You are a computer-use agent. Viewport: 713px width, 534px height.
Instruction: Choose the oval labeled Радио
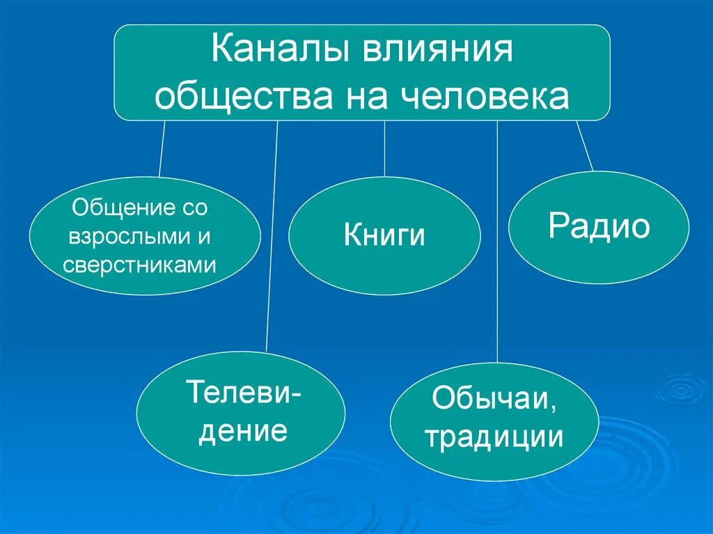(x=599, y=227)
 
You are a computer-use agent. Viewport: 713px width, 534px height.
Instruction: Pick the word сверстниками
(x=140, y=265)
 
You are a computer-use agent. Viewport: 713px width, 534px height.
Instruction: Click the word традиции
(x=494, y=437)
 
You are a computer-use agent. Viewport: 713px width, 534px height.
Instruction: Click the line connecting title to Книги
(x=384, y=149)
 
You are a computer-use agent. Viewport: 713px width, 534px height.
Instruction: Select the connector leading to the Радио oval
(x=585, y=146)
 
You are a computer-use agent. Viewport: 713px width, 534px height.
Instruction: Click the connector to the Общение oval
(x=162, y=149)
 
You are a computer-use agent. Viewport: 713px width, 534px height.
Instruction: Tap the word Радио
(x=599, y=227)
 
